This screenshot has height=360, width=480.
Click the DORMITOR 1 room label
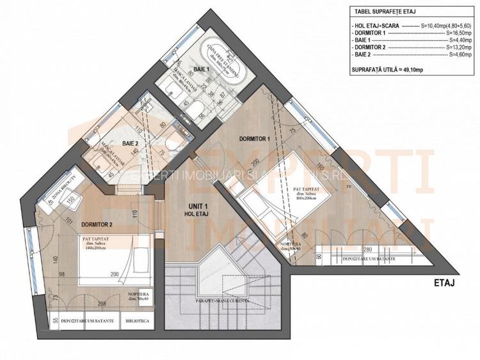point(255,138)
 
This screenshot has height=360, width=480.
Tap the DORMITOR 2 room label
point(97,224)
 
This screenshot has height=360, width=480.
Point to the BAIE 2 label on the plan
point(131,145)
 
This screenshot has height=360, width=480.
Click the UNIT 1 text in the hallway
point(198,205)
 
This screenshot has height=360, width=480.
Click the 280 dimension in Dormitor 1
point(367,250)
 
